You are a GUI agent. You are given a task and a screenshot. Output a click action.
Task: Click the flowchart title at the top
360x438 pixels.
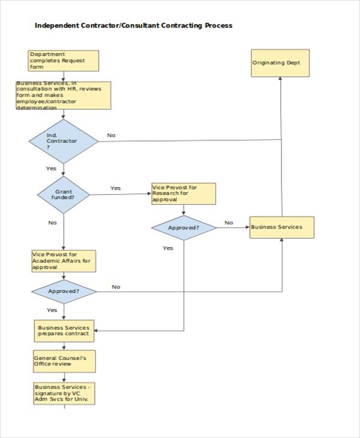133,26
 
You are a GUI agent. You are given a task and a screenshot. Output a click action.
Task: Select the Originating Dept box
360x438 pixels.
280,63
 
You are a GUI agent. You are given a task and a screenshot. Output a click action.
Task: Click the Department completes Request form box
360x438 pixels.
64,61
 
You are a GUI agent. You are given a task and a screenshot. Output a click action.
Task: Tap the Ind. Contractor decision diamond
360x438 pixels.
64,141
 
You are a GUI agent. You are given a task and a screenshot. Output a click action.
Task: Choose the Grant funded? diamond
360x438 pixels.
64,194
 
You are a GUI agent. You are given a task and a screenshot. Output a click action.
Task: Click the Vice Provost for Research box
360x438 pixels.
184,194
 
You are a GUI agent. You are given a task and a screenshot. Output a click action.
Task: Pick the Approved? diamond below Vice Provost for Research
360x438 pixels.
184,228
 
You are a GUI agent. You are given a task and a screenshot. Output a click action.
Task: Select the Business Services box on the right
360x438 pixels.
281,227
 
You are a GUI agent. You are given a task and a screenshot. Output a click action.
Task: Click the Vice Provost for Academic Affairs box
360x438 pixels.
64,261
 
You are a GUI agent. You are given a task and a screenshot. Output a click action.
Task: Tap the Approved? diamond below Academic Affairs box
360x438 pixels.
64,292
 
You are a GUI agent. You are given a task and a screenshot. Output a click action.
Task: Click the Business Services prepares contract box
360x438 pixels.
64,331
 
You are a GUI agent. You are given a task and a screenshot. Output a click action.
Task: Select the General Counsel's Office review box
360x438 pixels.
64,361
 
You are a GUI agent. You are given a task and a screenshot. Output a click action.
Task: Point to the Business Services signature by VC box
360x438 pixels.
64,393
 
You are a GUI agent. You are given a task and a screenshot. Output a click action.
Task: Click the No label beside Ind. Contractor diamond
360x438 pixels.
111,135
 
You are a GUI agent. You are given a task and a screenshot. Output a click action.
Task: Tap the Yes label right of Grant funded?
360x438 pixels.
115,188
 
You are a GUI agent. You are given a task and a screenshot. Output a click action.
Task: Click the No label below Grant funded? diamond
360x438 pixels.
52,223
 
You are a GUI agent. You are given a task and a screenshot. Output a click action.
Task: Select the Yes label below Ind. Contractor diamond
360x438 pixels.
51,168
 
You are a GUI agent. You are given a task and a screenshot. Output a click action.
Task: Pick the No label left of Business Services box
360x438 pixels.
229,223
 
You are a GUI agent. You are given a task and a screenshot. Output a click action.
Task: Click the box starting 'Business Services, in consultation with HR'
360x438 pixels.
64,95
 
